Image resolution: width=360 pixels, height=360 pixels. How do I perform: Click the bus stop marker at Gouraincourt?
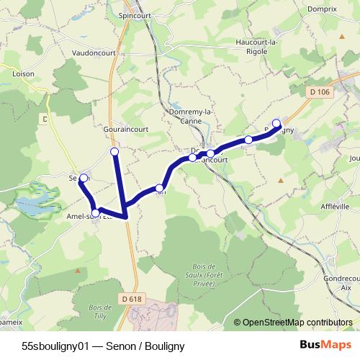pyautogui.click(x=114, y=151)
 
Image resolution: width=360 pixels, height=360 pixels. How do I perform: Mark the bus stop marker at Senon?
pyautogui.click(x=84, y=178)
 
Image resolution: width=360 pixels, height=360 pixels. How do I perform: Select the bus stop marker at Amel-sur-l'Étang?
pyautogui.click(x=95, y=212)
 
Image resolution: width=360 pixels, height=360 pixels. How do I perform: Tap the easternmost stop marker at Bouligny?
pyautogui.click(x=276, y=122)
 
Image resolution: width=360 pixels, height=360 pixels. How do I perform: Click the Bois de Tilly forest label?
pyautogui.click(x=102, y=312)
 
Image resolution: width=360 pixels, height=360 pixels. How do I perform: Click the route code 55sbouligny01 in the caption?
pyautogui.click(x=55, y=346)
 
